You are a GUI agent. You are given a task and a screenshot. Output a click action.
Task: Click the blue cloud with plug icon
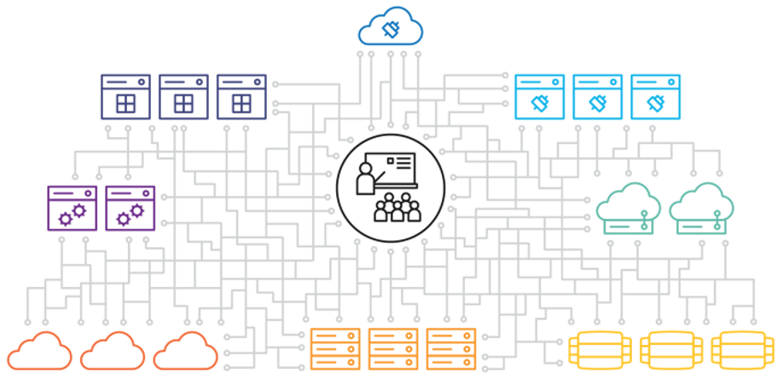coord(391,29)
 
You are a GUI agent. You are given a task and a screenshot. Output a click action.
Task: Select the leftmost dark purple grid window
coord(125,96)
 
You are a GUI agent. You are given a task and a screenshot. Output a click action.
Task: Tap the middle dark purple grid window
coord(183,96)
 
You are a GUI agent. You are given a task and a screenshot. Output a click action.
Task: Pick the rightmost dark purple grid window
coord(241,96)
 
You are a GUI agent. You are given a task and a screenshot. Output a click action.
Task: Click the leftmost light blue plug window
coord(540,96)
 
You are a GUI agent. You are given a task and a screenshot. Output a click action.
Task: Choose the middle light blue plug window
coord(598,96)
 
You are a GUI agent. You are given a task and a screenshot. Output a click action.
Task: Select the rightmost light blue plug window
coord(656,96)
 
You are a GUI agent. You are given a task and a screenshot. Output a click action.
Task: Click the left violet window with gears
coord(72,208)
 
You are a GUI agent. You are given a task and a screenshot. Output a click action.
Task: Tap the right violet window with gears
coord(130,208)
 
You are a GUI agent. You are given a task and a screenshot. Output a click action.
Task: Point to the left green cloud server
coord(629,209)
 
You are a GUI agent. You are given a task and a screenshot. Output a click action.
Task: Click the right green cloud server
coord(702,209)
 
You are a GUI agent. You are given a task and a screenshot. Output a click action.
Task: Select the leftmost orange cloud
coord(38,351)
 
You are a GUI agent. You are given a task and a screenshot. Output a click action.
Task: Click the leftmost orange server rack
coord(335,348)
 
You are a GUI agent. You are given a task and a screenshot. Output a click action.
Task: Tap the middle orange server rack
coord(393,348)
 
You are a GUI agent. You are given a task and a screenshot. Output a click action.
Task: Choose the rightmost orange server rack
coord(450,348)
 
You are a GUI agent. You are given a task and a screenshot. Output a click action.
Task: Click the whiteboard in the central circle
coord(397,167)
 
